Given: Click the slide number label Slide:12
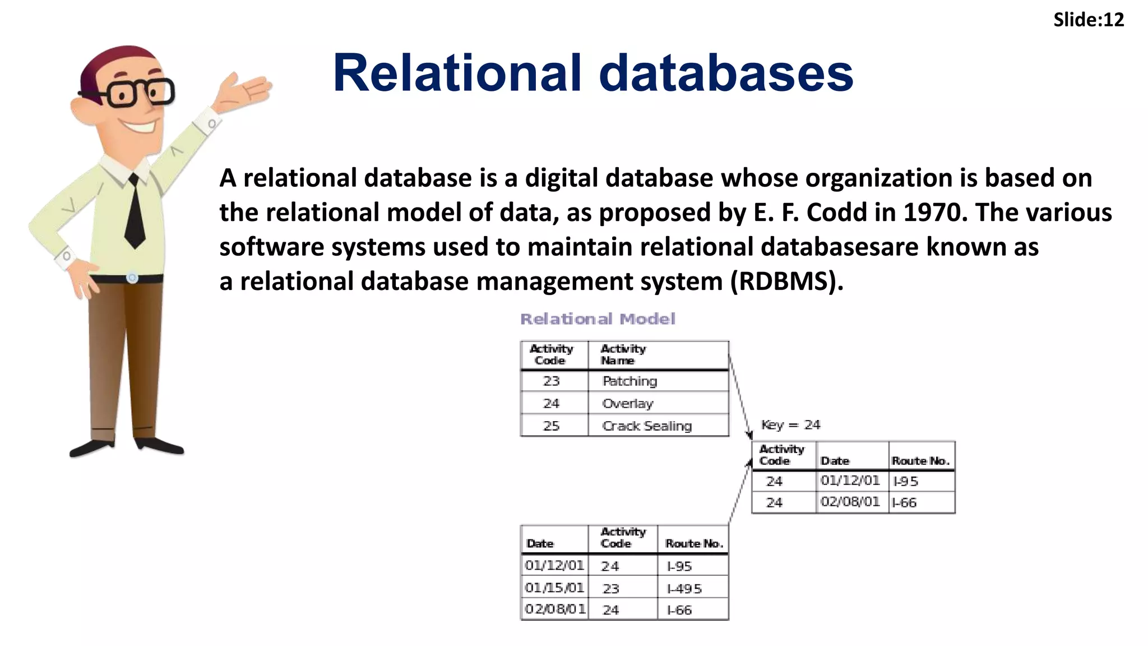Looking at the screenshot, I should [1088, 20].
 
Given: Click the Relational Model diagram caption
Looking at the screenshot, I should [598, 319].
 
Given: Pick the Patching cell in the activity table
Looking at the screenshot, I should [629, 381].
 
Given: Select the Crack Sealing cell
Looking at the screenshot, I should [647, 426].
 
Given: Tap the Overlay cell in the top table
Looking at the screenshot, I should [628, 404].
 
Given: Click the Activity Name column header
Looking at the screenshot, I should [623, 354].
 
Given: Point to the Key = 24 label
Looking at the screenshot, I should [790, 425].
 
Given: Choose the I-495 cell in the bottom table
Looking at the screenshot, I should [684, 589].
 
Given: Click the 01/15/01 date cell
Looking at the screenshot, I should [554, 588].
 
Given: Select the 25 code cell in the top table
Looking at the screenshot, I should [551, 426].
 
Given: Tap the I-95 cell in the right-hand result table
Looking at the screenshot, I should [905, 481].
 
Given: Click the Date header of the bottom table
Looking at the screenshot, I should [540, 543].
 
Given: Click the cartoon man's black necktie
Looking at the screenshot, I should [135, 213].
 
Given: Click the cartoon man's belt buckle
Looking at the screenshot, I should [132, 278].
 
